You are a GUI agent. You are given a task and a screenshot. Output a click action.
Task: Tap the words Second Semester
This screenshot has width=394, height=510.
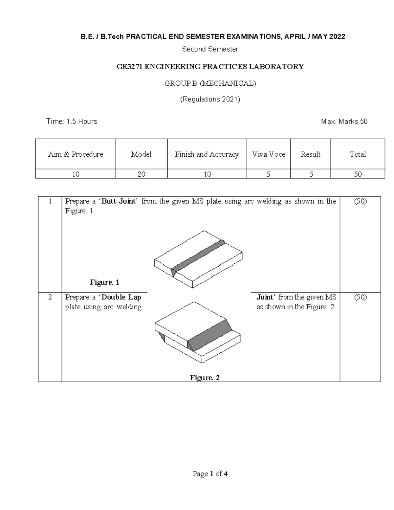210,49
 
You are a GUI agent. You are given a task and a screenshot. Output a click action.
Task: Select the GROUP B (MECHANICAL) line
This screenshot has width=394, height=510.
210,83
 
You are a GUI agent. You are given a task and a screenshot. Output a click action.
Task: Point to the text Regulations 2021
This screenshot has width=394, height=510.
210,99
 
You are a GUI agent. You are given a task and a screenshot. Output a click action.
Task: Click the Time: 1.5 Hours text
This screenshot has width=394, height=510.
72,122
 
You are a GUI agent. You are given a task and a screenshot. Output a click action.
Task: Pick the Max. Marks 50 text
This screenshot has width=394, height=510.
344,122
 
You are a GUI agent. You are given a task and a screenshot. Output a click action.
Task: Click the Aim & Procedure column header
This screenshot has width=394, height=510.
76,154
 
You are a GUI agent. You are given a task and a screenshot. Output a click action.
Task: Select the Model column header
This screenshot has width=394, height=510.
141,154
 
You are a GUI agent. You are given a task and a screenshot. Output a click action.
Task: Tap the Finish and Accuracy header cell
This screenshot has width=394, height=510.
207,154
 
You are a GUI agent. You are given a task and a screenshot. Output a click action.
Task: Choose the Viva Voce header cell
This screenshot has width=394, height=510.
269,154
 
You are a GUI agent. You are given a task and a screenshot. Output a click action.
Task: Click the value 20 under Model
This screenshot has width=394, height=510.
141,174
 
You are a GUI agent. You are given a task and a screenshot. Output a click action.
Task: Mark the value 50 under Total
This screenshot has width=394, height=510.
358,174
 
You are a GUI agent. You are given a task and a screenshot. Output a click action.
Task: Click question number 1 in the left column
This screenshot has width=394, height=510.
50,201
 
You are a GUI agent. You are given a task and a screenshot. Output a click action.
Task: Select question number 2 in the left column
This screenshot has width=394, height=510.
50,297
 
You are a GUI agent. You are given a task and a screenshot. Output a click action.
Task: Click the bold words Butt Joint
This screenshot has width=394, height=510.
119,201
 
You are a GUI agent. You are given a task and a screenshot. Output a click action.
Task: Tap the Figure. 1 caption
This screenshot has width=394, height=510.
104,282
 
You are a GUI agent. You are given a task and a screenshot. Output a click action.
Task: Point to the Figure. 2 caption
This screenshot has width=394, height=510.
205,378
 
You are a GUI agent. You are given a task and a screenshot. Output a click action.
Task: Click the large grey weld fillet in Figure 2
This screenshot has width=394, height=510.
210,333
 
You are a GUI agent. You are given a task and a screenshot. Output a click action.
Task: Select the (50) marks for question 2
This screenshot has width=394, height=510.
360,297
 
